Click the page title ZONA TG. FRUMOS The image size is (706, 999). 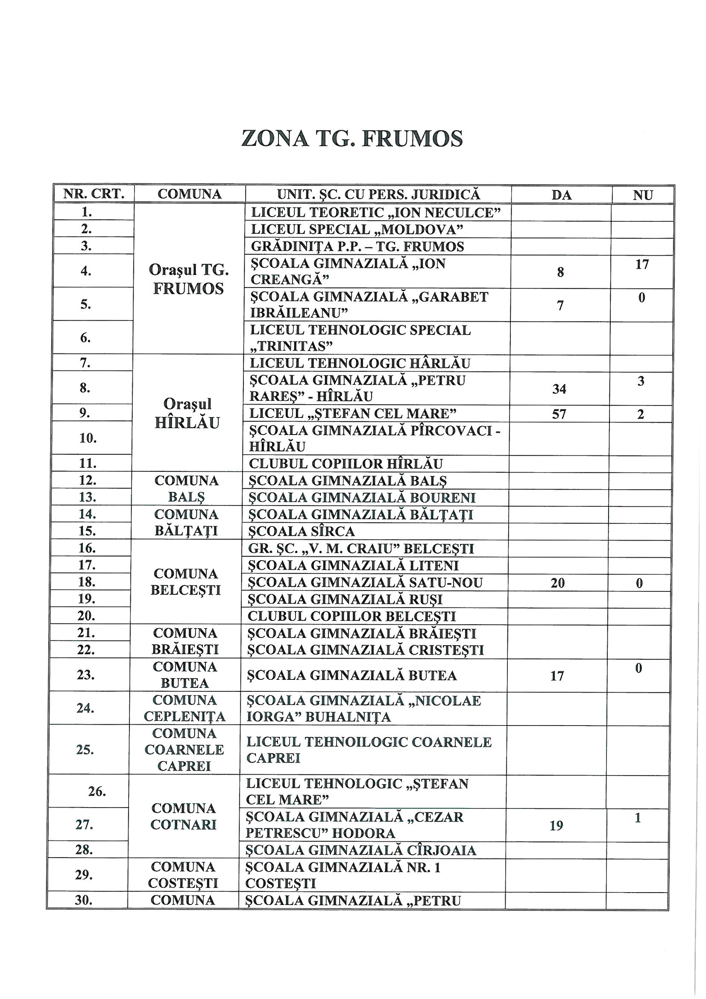(352, 139)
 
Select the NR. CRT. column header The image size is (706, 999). (94, 194)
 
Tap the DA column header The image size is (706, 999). (561, 195)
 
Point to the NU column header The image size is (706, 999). (643, 195)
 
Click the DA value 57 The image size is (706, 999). (559, 414)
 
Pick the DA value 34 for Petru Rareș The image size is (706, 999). (559, 388)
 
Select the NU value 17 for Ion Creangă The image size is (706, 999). (642, 264)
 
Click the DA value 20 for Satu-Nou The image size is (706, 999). (558, 582)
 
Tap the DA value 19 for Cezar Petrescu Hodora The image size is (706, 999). (557, 826)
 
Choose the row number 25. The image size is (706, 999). (85, 750)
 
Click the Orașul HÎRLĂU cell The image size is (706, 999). (187, 413)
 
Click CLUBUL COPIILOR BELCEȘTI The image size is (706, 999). (352, 616)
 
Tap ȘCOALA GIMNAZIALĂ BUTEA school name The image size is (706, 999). (352, 675)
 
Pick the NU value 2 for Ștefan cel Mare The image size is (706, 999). (640, 414)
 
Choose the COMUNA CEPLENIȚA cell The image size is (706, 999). (185, 708)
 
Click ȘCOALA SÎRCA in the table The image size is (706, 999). (301, 531)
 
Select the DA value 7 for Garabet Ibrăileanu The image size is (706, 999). (560, 306)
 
